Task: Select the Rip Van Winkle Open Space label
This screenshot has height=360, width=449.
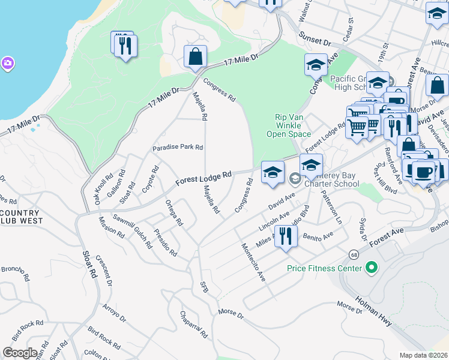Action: click(x=285, y=126)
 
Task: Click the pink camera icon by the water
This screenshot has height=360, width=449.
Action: click(x=7, y=63)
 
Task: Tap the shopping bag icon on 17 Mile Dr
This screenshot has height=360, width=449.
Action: click(x=195, y=58)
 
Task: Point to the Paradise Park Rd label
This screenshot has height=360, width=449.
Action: click(x=178, y=147)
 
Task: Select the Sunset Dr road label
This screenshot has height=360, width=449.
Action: click(x=316, y=40)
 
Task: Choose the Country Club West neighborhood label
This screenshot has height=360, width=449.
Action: click(x=21, y=217)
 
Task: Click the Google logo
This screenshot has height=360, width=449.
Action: click(x=19, y=352)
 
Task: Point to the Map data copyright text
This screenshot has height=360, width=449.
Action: click(x=423, y=355)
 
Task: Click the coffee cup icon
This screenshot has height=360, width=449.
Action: click(x=424, y=171)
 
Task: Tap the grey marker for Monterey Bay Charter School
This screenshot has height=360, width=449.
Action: click(x=295, y=178)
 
